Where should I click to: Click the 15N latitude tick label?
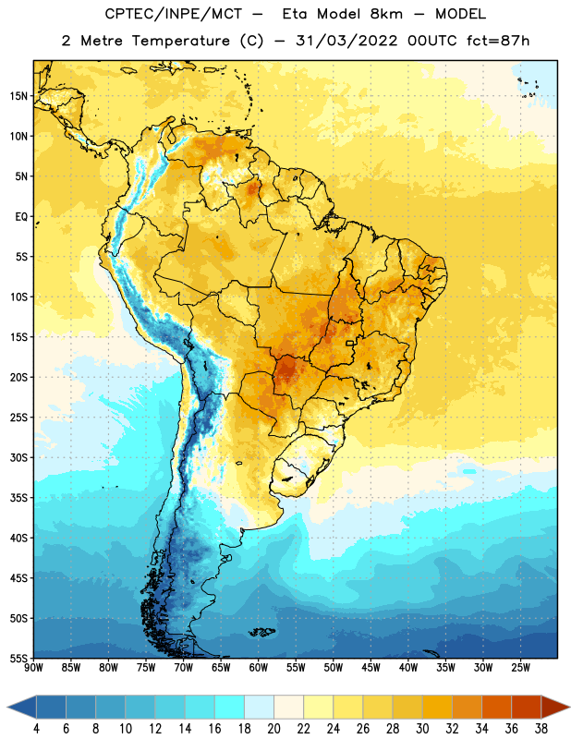pos(18,96)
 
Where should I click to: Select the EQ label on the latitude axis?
pos(21,217)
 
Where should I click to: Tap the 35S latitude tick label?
pos(18,498)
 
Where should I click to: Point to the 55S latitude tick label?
pos(18,659)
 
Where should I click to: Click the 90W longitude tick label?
pos(33,668)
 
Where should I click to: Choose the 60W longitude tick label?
pos(259,668)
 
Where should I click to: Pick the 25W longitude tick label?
pos(521,668)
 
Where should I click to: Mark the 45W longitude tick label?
pos(371,668)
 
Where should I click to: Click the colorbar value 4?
pos(36,729)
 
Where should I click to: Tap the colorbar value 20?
pos(273,729)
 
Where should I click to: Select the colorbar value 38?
pos(541,729)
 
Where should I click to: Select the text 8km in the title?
pos(386,14)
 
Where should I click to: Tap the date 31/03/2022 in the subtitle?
pos(346,41)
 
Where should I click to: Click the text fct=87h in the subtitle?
pos(498,41)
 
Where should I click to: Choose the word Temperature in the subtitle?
pos(180,41)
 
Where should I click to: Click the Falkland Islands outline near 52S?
pos(261,632)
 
